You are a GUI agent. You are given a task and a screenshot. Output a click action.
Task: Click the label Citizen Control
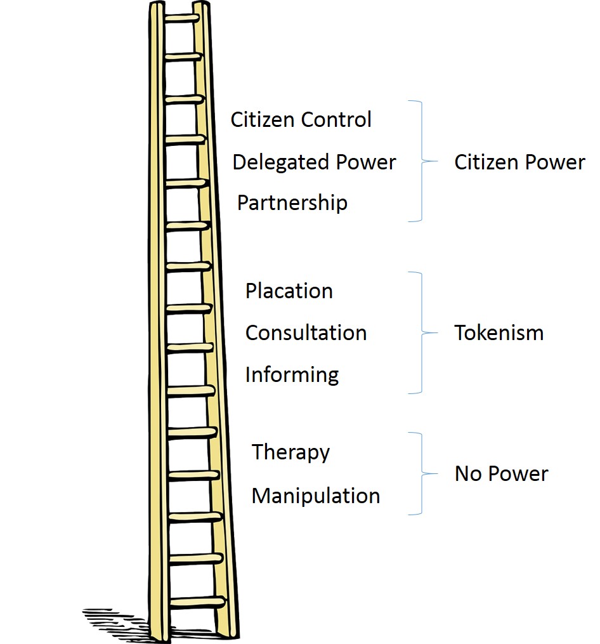coord(301,120)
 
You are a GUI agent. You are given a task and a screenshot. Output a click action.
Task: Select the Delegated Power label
coord(314,162)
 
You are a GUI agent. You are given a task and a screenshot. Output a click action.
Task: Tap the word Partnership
coord(292,203)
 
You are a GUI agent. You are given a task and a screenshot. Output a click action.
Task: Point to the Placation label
coord(289,291)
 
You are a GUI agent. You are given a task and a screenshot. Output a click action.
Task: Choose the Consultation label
coord(306,333)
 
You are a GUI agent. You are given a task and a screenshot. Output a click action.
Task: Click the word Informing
coord(292,374)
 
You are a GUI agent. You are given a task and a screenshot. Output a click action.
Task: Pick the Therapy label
coord(290,452)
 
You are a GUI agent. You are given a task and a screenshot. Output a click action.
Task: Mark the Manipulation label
coord(315,496)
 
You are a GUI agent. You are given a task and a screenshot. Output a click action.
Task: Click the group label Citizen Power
coord(519,162)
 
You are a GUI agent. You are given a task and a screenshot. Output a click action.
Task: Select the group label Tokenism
coord(499,333)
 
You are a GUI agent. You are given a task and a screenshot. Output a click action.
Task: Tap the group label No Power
coord(501,474)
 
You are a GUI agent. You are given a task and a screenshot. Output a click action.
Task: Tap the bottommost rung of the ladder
coord(197,601)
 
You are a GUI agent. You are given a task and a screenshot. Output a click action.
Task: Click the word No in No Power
coord(469,474)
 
